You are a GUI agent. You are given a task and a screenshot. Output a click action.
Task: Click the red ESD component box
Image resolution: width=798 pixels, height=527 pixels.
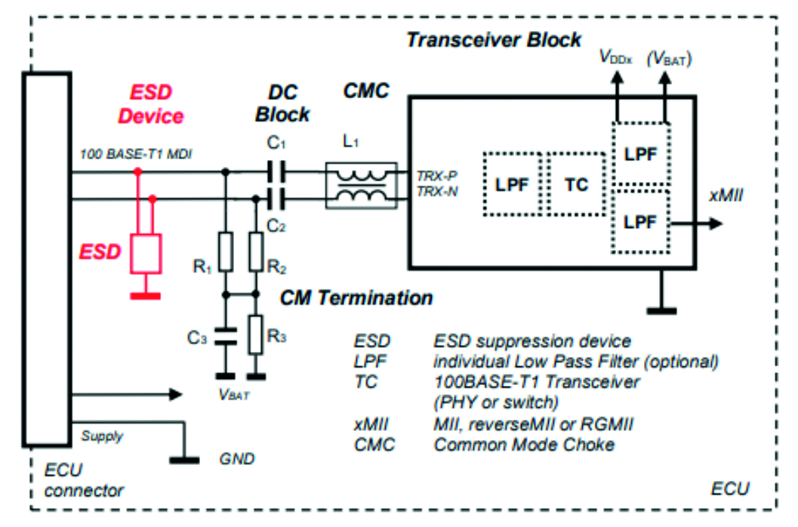(x=146, y=252)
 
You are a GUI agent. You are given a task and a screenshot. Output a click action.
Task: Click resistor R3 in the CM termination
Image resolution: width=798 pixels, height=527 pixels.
(x=257, y=331)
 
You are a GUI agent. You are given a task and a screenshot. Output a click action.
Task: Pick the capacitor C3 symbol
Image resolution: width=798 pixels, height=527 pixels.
(x=224, y=337)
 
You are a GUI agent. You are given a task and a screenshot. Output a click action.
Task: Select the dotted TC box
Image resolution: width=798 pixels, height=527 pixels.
(x=577, y=185)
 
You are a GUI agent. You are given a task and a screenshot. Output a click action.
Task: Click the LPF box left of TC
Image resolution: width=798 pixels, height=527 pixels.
(x=512, y=185)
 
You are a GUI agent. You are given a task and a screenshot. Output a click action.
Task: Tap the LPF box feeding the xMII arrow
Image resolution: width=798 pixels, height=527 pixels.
(x=641, y=222)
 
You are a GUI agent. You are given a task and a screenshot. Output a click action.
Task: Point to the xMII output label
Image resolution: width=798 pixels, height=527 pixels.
(x=725, y=196)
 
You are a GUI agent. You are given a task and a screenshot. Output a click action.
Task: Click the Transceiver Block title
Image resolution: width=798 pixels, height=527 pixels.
(x=494, y=39)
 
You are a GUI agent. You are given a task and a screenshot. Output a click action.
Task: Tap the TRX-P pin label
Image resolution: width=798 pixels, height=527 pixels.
(x=435, y=174)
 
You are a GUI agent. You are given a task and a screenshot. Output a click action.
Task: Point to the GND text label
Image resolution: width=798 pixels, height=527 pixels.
(x=236, y=458)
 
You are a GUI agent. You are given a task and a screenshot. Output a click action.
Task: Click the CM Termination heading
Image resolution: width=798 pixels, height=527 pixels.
(x=356, y=297)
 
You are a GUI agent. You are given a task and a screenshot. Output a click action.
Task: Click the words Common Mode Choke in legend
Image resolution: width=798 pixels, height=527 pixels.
(x=524, y=444)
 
